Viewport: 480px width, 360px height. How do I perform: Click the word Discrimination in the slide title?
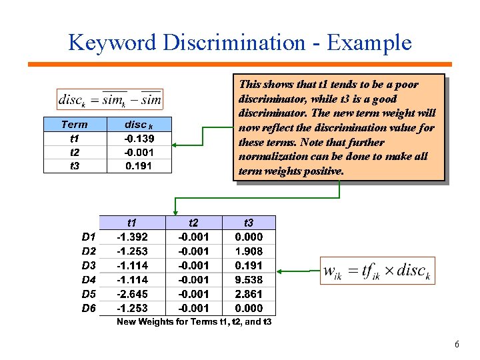[x=238, y=43]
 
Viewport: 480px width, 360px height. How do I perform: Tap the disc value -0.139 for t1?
[x=139, y=138]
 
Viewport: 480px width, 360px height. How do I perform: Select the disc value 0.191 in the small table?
[x=139, y=165]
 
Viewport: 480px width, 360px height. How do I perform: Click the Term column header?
[x=74, y=125]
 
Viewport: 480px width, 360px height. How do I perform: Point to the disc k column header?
[x=139, y=125]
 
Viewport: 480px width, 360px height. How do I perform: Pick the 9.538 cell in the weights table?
[x=249, y=279]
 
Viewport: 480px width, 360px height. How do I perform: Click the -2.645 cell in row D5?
[x=132, y=293]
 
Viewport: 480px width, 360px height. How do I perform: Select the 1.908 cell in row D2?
[x=249, y=251]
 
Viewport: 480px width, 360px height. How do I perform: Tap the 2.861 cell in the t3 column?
[x=249, y=293]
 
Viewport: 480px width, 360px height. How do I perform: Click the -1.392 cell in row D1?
[x=132, y=237]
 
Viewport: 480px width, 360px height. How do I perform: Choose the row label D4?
[x=89, y=279]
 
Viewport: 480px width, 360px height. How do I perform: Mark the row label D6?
[x=89, y=308]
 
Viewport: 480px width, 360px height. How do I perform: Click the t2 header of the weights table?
[x=193, y=223]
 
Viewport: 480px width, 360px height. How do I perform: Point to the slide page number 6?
[x=457, y=345]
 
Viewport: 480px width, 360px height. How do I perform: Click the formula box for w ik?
[x=377, y=271]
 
